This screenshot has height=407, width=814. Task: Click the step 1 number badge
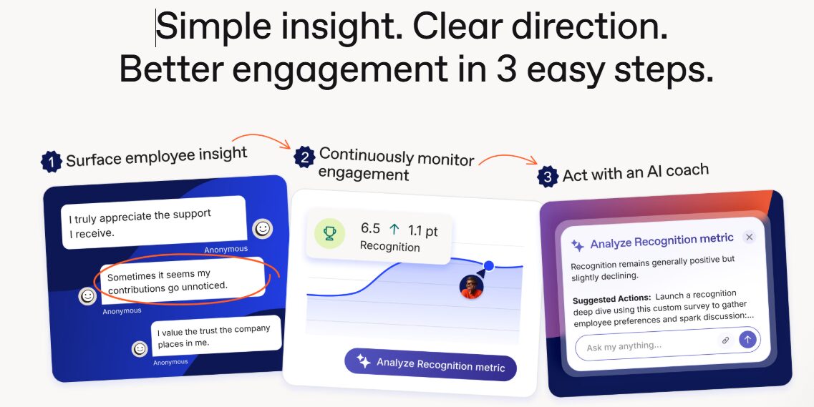click(51, 162)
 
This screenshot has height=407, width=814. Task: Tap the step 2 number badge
click(304, 157)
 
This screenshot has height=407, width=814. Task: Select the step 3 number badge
click(548, 177)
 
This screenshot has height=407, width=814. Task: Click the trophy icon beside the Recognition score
click(329, 234)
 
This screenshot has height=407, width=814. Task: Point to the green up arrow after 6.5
click(394, 229)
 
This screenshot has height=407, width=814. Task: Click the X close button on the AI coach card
click(749, 237)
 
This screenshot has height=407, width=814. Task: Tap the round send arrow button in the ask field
click(747, 340)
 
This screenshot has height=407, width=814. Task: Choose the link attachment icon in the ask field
click(725, 340)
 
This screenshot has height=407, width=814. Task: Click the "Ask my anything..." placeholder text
click(624, 345)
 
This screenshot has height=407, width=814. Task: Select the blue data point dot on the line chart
click(488, 266)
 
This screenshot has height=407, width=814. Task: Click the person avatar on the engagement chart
click(472, 287)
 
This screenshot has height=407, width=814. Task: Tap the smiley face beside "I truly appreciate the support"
click(263, 229)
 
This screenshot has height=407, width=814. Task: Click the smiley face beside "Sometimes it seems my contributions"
click(88, 296)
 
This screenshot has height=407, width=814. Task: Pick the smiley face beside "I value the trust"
click(140, 348)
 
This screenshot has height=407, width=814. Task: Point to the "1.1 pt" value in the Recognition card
click(422, 231)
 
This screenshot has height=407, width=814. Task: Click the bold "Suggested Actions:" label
click(611, 299)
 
